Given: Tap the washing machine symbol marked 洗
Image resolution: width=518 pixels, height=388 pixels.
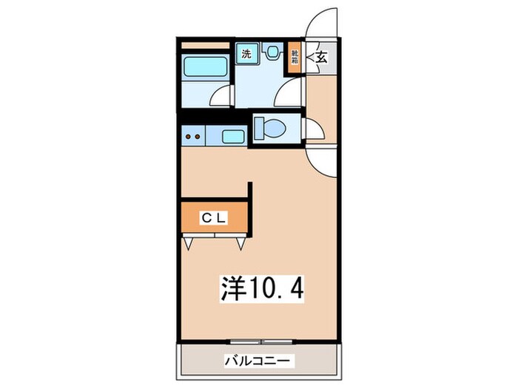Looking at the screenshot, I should tap(246, 52).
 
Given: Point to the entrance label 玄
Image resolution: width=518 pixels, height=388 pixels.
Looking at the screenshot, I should tap(322, 57).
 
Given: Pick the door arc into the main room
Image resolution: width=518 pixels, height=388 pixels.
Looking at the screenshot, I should tap(324, 161).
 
